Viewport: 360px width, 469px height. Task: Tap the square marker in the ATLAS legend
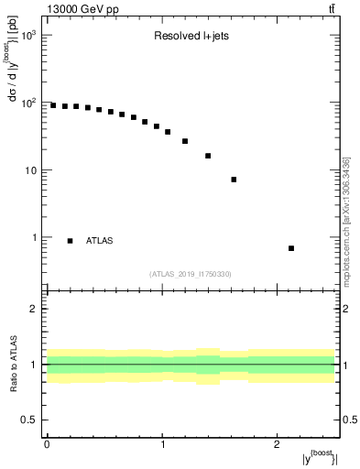pos(71,241)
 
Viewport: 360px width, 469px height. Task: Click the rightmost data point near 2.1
pos(291,248)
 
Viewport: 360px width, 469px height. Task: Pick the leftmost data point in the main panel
pos(53,105)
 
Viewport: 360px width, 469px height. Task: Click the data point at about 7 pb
pos(234,180)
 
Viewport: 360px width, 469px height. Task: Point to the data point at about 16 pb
pos(208,156)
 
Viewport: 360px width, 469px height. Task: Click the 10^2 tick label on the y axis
pos(29,103)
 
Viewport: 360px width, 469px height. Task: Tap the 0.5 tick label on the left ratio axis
pos(30,420)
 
